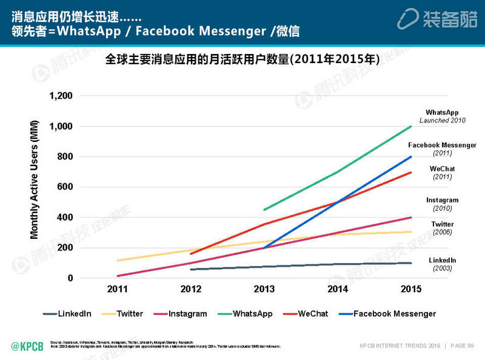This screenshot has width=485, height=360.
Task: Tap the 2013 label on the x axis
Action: click(x=264, y=290)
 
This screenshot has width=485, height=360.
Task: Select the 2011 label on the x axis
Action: click(x=118, y=290)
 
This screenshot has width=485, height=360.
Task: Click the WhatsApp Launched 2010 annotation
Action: click(x=442, y=116)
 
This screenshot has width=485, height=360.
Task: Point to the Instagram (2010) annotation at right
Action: click(x=442, y=204)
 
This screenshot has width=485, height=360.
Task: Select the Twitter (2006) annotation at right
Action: click(x=442, y=228)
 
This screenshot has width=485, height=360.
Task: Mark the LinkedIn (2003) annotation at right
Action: click(x=442, y=264)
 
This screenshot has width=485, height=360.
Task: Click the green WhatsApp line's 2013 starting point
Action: click(x=264, y=210)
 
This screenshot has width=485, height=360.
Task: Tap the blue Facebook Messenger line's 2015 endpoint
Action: click(x=411, y=156)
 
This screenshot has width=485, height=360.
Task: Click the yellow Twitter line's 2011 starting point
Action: click(x=118, y=261)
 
